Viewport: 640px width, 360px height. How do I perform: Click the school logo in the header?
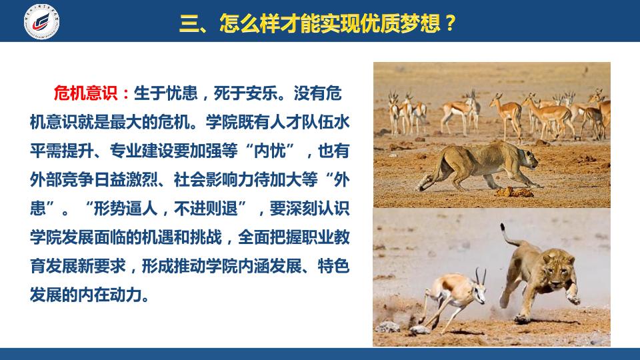[41, 21]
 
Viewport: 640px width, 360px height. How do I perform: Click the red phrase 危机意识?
[85, 93]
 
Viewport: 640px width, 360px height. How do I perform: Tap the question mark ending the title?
[450, 23]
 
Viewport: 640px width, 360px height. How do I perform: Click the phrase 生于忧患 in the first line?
[166, 93]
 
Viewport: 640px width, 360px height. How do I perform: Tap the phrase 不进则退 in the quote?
[206, 209]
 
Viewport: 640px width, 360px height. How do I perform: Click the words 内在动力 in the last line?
[110, 295]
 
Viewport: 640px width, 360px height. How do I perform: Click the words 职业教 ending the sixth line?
[326, 237]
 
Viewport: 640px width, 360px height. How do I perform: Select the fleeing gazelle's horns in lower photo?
[480, 276]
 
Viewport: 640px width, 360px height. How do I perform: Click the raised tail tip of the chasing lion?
[503, 227]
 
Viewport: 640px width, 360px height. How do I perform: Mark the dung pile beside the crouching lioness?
[514, 192]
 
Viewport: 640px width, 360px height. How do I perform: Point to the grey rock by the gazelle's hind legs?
[387, 327]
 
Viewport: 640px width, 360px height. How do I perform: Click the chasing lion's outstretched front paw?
[573, 299]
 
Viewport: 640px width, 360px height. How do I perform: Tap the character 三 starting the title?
[188, 23]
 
